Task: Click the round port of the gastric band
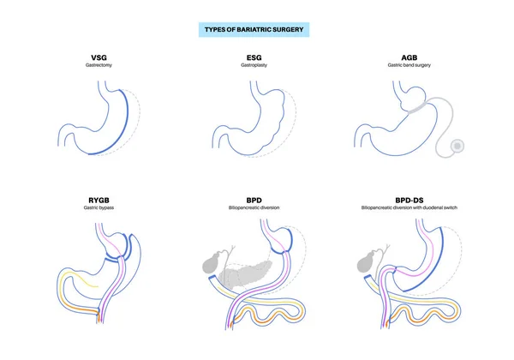458,147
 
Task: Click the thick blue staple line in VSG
128,120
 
